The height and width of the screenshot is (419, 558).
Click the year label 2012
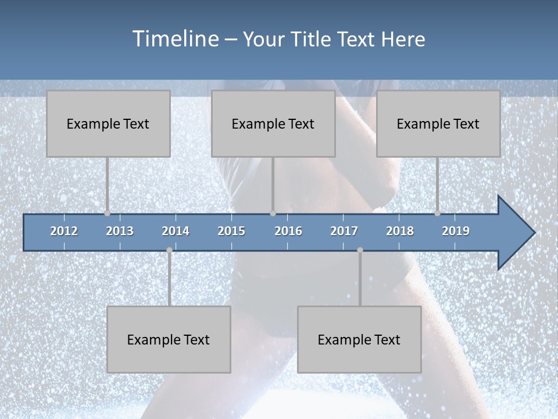[x=64, y=231]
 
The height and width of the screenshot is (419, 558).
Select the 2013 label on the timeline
[x=120, y=231]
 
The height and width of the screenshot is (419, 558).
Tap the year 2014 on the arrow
[x=176, y=231]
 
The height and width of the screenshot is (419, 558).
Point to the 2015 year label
[x=231, y=231]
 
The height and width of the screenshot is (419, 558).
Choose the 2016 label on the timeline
[x=288, y=231]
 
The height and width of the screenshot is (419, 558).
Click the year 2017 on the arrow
[x=344, y=231]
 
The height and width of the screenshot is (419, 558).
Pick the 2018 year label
[x=400, y=231]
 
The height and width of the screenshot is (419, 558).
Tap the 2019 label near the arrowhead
[x=456, y=231]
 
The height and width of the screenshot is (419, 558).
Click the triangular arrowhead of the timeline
[x=515, y=233]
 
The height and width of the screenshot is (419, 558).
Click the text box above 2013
[x=108, y=123]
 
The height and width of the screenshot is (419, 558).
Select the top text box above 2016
[x=273, y=123]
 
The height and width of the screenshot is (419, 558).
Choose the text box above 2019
[x=438, y=123]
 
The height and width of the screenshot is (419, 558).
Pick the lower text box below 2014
[x=169, y=339]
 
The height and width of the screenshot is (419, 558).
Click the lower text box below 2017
[x=359, y=339]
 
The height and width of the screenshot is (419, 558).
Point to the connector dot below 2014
[x=169, y=250]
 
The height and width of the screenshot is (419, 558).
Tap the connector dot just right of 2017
[x=360, y=250]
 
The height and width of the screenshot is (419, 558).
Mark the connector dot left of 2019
[x=437, y=214]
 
